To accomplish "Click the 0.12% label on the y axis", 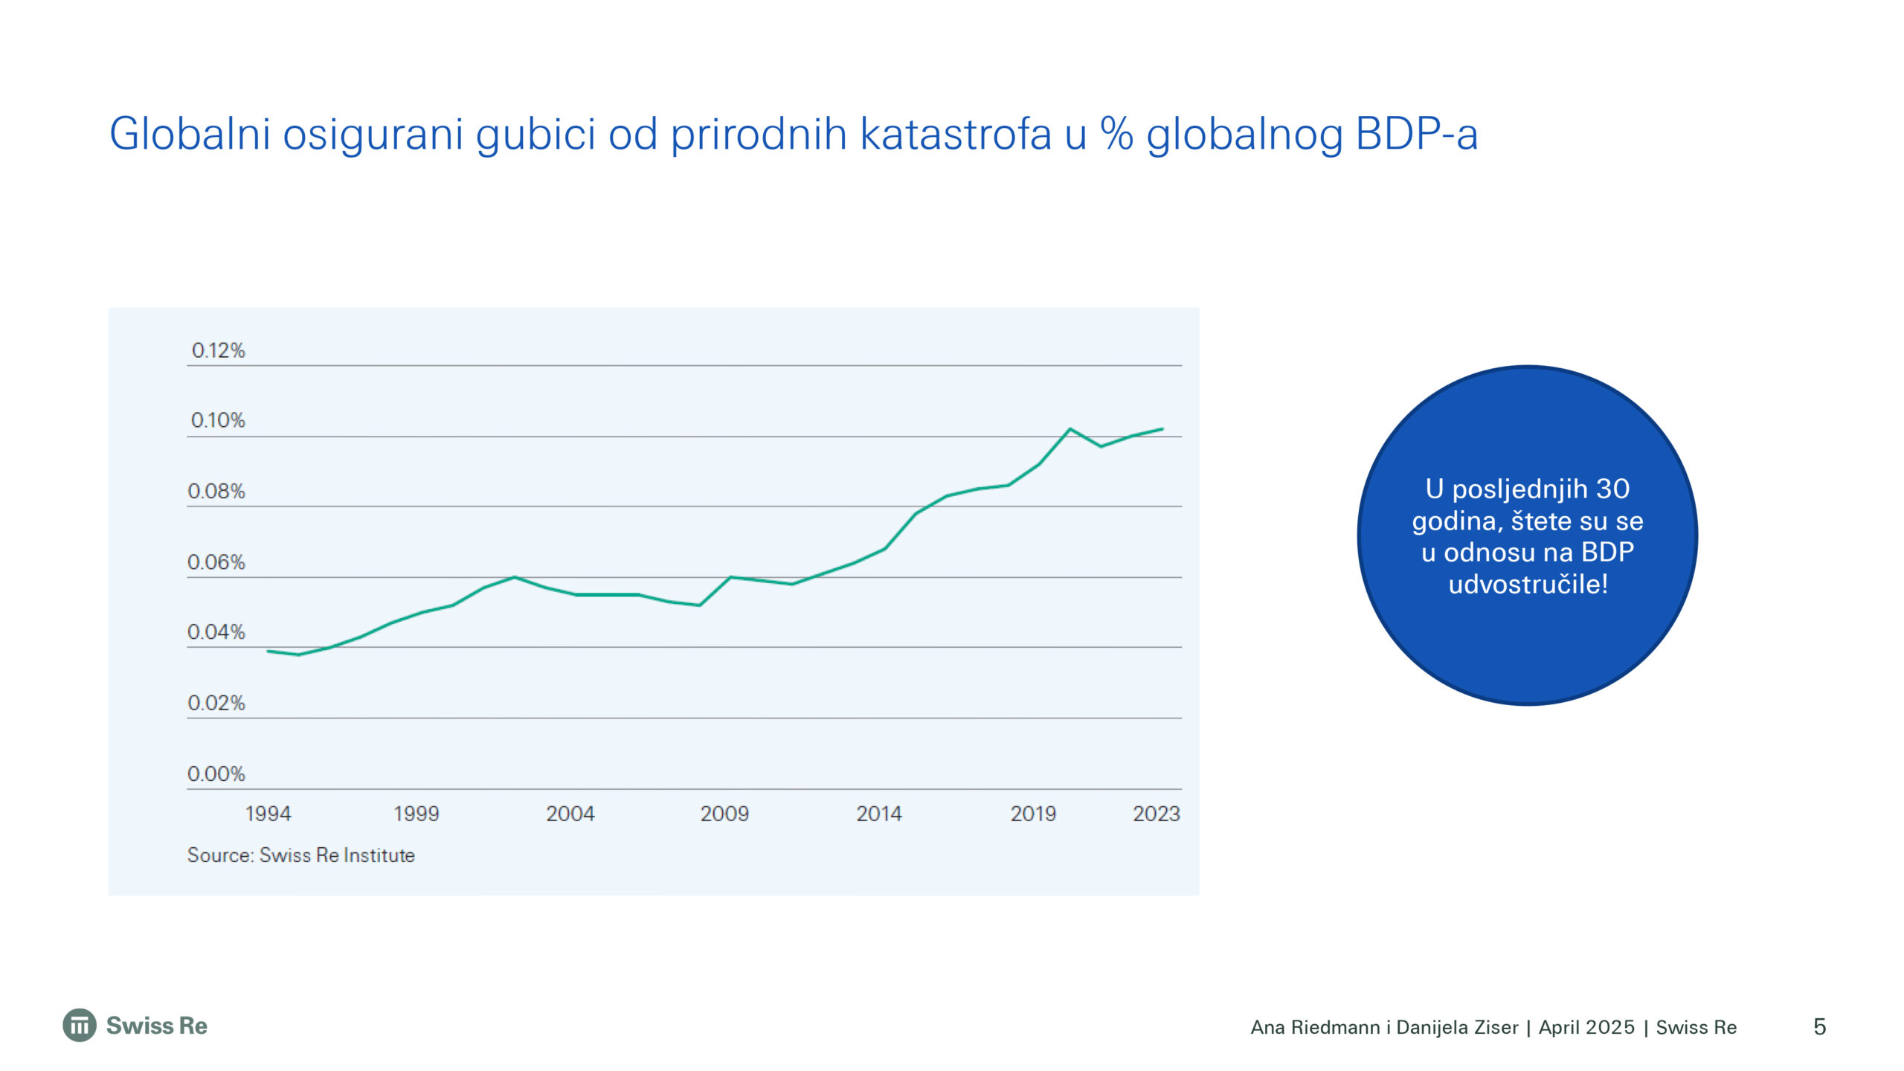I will pyautogui.click(x=218, y=350).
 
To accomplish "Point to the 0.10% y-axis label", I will pyautogui.click(x=218, y=420).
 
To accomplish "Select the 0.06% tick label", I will pyautogui.click(x=216, y=562).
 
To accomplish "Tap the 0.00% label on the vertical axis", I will pyautogui.click(x=216, y=774).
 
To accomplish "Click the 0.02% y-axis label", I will pyautogui.click(x=216, y=703).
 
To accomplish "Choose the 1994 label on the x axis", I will pyautogui.click(x=268, y=814).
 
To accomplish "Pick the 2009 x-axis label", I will pyautogui.click(x=724, y=814).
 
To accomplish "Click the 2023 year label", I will pyautogui.click(x=1157, y=814).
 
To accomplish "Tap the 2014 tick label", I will pyautogui.click(x=879, y=814).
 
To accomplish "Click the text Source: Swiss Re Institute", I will pyautogui.click(x=301, y=855).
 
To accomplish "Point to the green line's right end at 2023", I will pyautogui.click(x=1162, y=429).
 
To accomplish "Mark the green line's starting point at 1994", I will pyautogui.click(x=268, y=652).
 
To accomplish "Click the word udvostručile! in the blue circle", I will pyautogui.click(x=1528, y=585).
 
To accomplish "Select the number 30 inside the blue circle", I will pyautogui.click(x=1612, y=489).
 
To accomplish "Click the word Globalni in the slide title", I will pyautogui.click(x=190, y=135).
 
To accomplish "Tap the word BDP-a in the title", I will pyautogui.click(x=1416, y=135).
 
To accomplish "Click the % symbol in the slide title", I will pyautogui.click(x=1116, y=135).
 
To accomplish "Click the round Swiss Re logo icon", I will pyautogui.click(x=80, y=1026).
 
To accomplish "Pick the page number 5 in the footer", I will pyautogui.click(x=1820, y=1027).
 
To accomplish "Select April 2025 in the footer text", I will pyautogui.click(x=1586, y=1028).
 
